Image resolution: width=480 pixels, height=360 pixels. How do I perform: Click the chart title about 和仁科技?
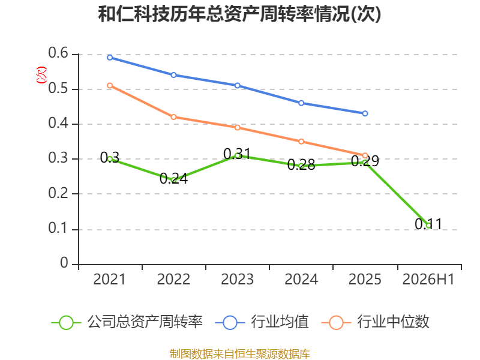pos(239,14)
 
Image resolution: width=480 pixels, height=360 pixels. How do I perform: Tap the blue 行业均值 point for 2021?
pos(110,58)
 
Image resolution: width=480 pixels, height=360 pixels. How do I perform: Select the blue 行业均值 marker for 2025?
pos(365,113)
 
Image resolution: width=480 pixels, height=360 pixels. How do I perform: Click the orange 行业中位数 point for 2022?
pos(173,117)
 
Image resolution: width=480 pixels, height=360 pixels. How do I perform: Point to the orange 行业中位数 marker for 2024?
pos(301,142)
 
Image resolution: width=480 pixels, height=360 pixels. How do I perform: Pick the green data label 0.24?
pos(173,178)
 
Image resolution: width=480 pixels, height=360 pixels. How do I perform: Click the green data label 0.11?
pos(428,224)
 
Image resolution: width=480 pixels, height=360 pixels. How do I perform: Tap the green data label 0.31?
pos(237,154)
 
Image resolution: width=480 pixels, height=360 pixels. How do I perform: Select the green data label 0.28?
pos(301,165)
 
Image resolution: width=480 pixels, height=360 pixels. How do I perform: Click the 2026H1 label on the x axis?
pos(428,279)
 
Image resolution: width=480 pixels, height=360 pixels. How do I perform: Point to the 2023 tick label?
pos(237,279)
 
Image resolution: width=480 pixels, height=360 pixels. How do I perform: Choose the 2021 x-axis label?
pos(109,279)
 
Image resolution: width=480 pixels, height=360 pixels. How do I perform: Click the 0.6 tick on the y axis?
pos(58,53)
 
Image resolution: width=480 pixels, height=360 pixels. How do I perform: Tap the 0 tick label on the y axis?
pos(64,263)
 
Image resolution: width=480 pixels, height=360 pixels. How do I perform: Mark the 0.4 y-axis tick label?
pos(58,123)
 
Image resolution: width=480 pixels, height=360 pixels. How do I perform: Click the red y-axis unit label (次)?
pos(41,75)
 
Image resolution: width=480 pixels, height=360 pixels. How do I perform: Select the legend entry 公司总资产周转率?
pos(127,322)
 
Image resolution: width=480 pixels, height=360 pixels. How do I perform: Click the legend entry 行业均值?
pos(262,322)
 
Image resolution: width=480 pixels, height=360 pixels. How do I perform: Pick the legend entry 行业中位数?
pos(376,322)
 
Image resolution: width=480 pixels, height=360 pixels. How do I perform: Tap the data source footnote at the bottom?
pos(239,354)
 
